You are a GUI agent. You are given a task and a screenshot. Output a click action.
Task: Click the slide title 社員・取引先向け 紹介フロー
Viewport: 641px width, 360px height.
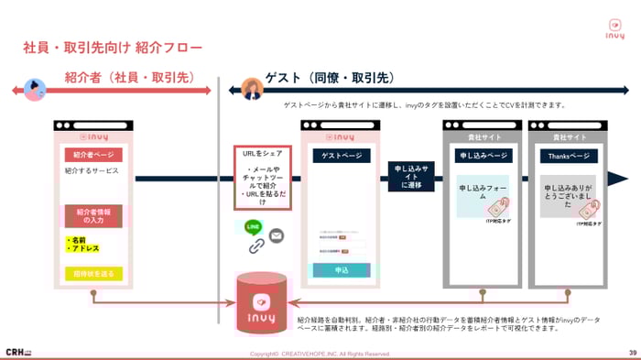tap(112, 47)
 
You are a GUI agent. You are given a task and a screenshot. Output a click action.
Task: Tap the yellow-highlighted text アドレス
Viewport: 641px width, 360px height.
tap(84, 247)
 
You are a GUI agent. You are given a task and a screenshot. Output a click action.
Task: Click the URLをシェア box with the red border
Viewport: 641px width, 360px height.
tap(262, 180)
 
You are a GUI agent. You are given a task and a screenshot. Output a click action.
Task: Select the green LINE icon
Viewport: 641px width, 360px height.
tap(255, 225)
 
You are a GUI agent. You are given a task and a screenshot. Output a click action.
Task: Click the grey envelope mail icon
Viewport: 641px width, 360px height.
tap(276, 235)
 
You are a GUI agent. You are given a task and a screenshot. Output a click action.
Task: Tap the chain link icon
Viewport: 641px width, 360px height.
tap(256, 245)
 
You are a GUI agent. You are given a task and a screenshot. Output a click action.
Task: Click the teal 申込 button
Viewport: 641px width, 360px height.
tap(341, 270)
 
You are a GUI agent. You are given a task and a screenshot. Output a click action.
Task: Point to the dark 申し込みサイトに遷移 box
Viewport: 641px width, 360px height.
tap(410, 176)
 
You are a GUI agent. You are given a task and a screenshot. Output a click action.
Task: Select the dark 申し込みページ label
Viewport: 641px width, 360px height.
tap(482, 156)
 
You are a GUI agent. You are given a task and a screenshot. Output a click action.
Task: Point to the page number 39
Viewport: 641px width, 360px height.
tap(632, 353)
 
